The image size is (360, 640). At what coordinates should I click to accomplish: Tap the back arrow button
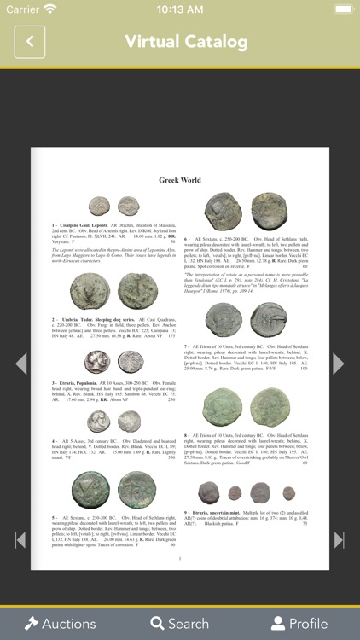(30, 41)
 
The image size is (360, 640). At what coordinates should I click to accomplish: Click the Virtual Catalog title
(186, 41)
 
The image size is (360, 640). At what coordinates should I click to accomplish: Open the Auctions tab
(60, 623)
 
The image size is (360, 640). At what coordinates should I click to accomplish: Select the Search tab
(179, 623)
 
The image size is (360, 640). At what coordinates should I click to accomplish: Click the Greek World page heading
(180, 180)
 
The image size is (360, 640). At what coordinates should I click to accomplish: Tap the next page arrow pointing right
(338, 364)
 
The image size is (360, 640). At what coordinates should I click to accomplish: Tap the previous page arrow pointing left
(21, 364)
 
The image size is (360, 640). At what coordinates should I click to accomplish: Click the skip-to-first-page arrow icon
(20, 539)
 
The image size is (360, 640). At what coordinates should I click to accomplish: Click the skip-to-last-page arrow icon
(339, 539)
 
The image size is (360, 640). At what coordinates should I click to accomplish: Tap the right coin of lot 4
(130, 421)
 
